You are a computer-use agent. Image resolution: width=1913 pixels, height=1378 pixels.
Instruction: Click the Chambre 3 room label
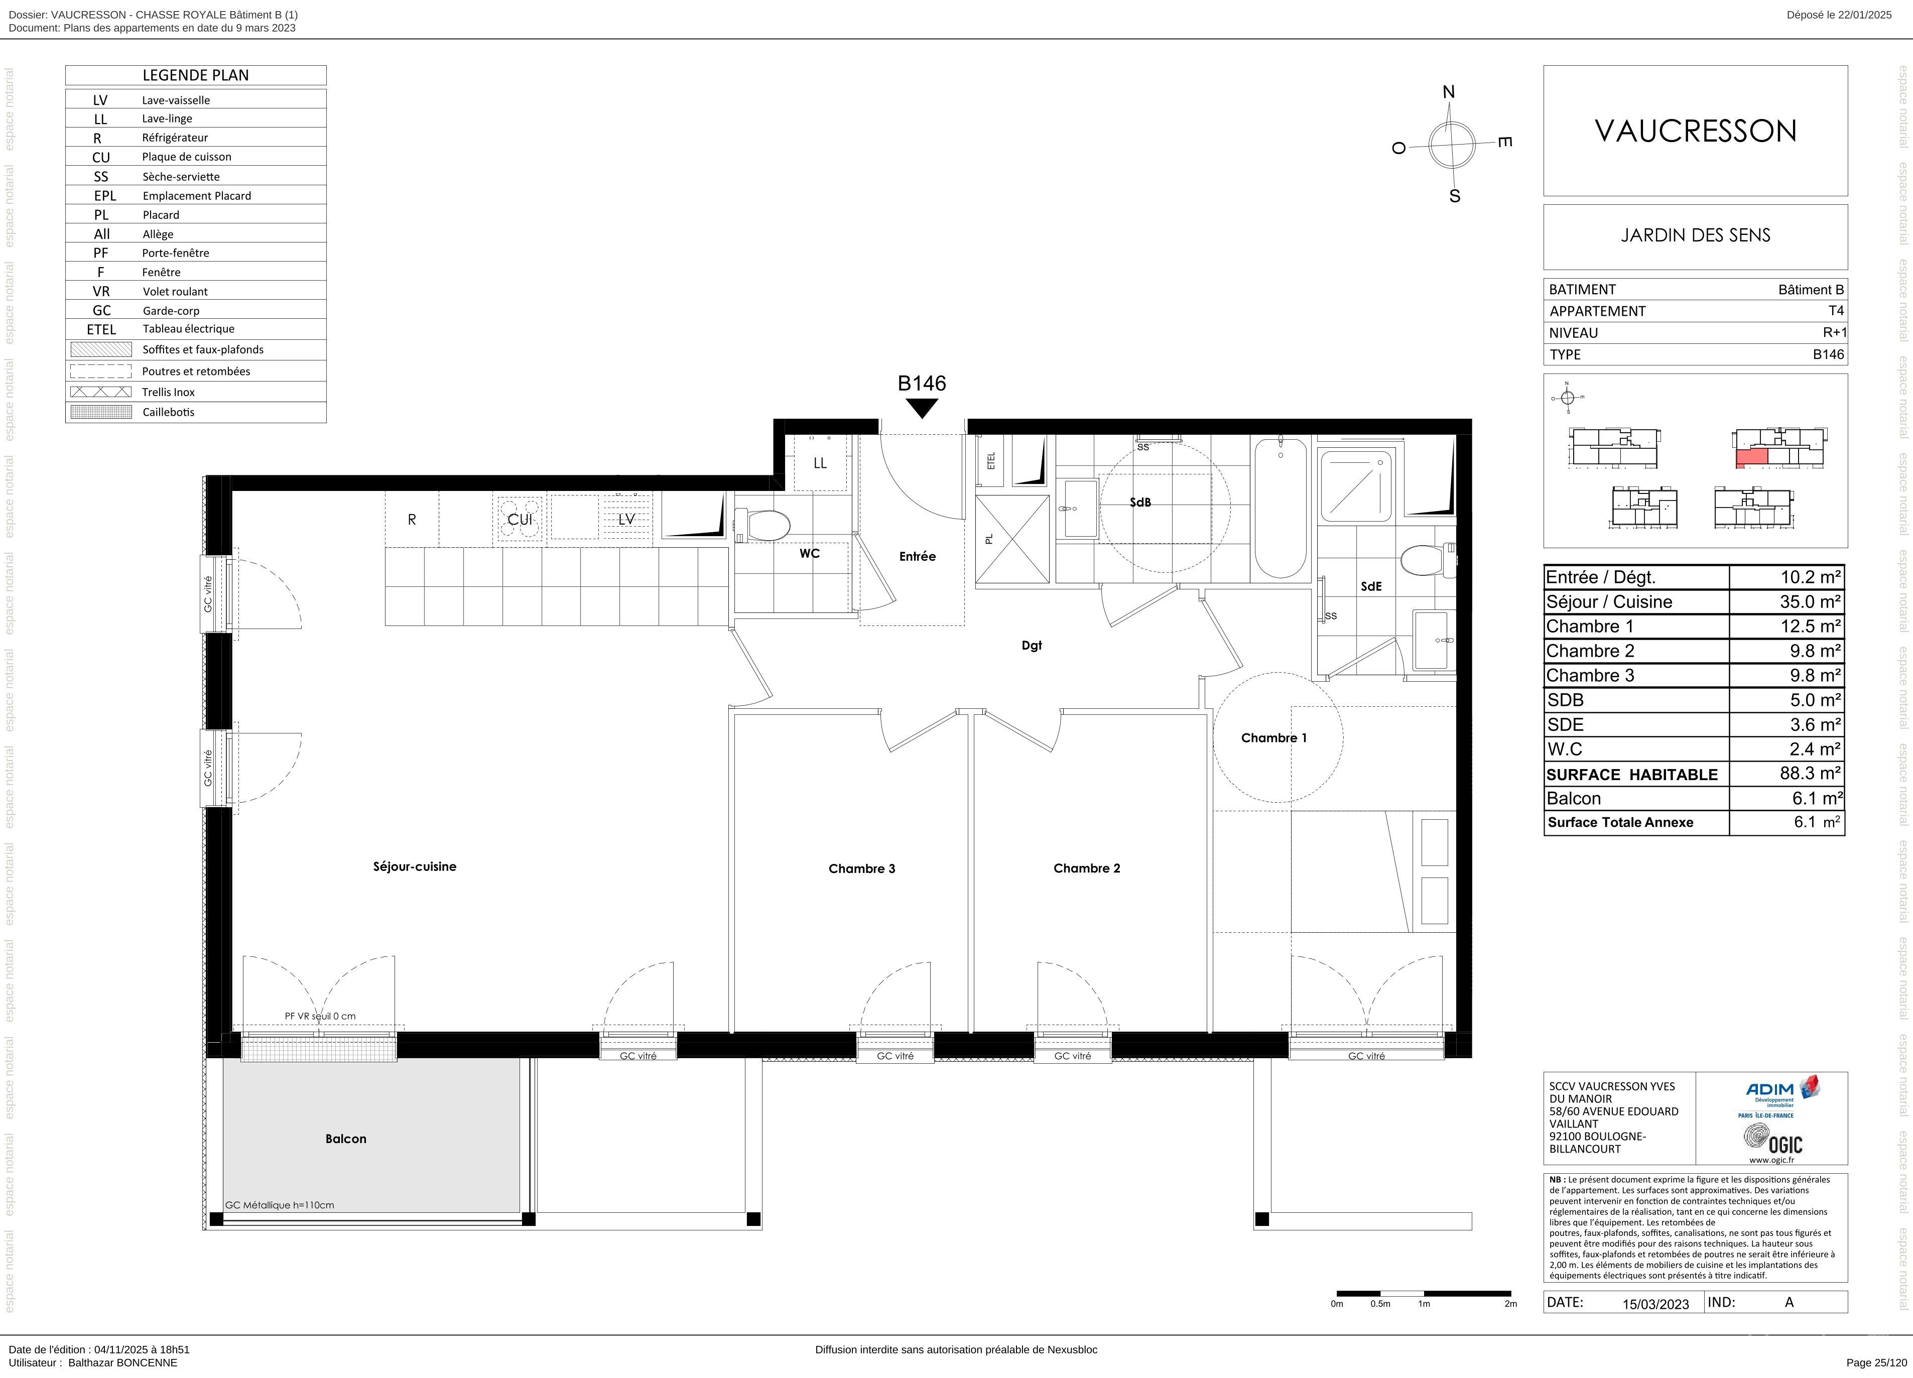[861, 868]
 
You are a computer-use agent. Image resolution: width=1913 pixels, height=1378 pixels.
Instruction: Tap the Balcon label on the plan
[346, 1139]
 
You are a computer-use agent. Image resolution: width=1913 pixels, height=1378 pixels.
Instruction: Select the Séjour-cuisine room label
[414, 866]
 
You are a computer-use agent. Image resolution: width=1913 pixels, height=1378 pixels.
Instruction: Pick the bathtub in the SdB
[1281, 507]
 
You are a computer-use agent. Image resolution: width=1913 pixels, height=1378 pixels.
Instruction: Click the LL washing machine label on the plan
[820, 463]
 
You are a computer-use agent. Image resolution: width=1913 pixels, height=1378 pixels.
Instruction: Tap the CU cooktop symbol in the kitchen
[520, 520]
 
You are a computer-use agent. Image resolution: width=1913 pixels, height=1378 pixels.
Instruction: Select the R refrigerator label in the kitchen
[412, 520]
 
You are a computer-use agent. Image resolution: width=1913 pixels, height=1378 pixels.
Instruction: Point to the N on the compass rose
[1449, 92]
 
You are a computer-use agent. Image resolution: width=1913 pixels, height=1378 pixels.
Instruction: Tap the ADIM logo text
[1769, 1089]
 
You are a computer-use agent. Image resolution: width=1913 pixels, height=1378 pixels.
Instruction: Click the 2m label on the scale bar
[1510, 1304]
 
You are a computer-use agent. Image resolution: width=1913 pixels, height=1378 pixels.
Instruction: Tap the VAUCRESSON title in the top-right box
[1695, 131]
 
